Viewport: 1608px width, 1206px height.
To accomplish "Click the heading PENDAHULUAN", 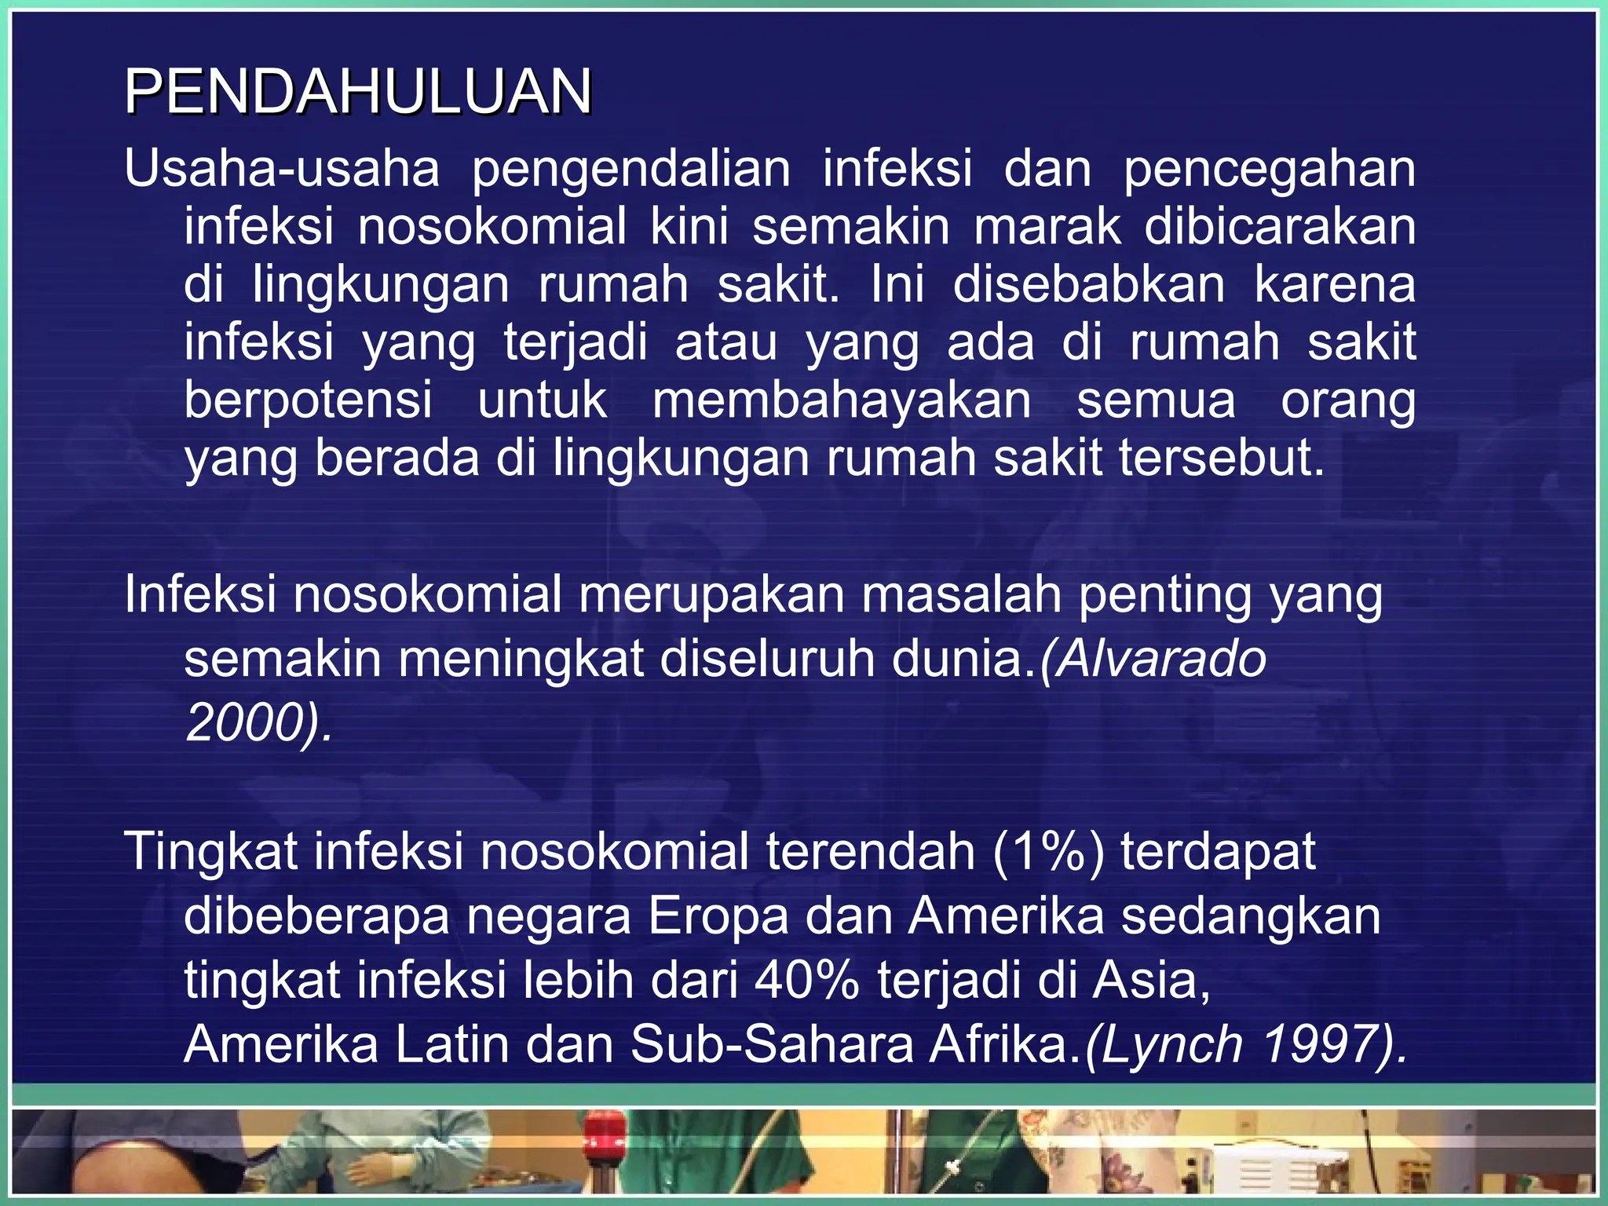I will (358, 92).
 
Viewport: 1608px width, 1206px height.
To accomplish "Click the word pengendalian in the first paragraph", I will (630, 169).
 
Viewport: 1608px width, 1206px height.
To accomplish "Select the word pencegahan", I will (1269, 169).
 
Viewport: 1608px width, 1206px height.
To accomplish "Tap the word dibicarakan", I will (1280, 226).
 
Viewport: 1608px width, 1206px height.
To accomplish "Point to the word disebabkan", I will (1088, 284).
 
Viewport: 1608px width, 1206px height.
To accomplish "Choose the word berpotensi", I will (308, 400).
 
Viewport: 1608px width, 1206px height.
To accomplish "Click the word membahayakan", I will (842, 400).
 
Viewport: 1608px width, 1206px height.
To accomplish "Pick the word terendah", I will (870, 851).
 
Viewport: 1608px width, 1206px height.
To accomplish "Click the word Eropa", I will (718, 916).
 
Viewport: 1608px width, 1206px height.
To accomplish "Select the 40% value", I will (807, 981).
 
